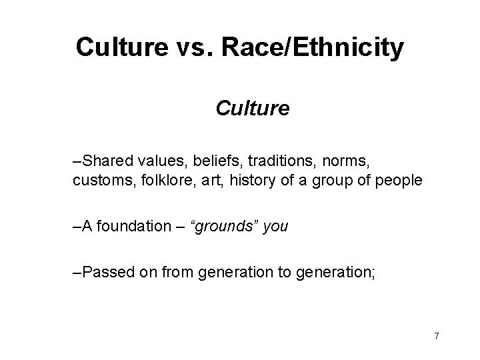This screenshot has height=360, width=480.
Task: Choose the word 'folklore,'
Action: (x=151, y=181)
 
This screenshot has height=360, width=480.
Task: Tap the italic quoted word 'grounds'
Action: (x=225, y=226)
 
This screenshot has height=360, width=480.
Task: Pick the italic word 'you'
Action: (x=276, y=226)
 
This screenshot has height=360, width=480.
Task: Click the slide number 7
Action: (x=436, y=336)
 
